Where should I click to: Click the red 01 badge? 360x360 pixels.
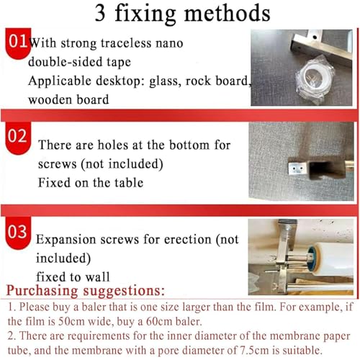tap(18, 42)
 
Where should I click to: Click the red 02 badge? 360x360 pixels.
tap(18, 138)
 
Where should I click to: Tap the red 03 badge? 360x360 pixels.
tap(18, 233)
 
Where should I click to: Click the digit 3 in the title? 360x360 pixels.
tap(100, 13)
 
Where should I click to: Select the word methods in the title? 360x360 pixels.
tap(228, 13)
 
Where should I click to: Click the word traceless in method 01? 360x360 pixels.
tap(126, 43)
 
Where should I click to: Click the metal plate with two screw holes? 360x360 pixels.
tap(297, 168)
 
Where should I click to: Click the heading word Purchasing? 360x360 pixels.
tap(42, 291)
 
